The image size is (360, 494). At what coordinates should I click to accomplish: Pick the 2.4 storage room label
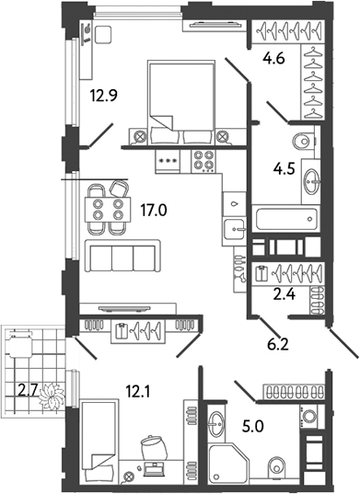point(273,296)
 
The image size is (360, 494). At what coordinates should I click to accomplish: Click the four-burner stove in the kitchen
point(203,160)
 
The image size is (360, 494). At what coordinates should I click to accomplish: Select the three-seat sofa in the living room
point(122,255)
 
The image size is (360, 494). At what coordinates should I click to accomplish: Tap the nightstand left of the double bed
point(140,137)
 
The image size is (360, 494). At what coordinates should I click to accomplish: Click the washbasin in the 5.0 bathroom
point(218,424)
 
